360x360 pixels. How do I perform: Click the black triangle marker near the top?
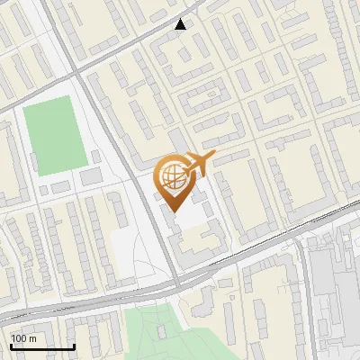tap(181, 24)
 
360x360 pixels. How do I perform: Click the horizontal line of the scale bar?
tap(41, 346)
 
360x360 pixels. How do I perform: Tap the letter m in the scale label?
tap(32, 338)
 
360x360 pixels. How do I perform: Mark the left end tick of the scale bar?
tap(10, 345)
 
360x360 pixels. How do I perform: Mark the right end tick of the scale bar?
tap(74, 345)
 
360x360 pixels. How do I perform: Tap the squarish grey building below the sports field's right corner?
tap(91, 177)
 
